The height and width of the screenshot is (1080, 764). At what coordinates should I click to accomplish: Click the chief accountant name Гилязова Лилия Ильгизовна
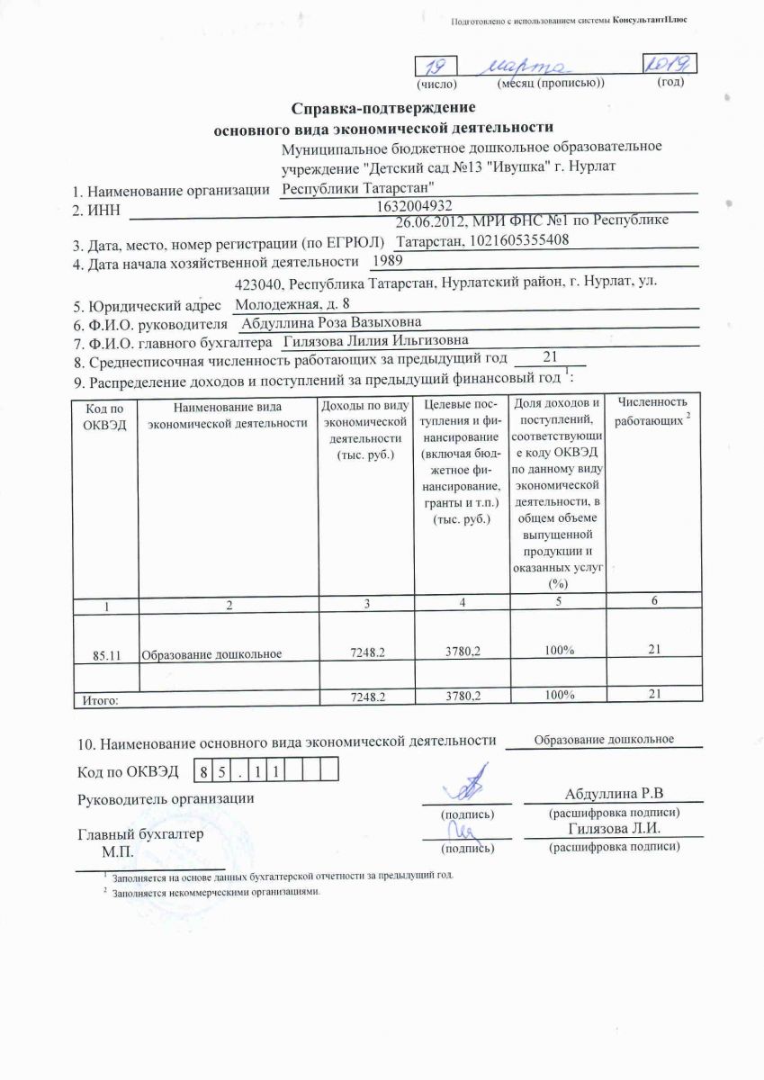[x=375, y=341]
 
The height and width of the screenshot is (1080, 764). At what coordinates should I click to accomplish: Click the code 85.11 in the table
[x=106, y=654]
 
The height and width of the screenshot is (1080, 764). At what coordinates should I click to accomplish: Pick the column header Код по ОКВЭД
[x=105, y=417]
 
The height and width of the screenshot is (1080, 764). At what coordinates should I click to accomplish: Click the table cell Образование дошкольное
[x=212, y=654]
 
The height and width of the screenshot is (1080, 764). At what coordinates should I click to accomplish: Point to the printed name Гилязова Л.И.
[x=615, y=829]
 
